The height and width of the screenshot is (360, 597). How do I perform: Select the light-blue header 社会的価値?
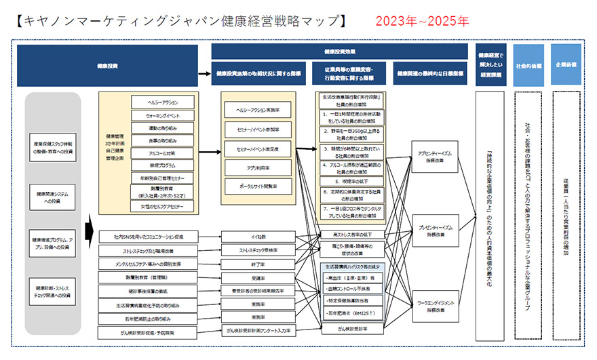click(528, 66)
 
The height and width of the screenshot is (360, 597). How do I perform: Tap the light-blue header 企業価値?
click(566, 66)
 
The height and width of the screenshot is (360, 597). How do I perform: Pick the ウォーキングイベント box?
click(162, 115)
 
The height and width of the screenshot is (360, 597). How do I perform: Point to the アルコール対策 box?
click(162, 153)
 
